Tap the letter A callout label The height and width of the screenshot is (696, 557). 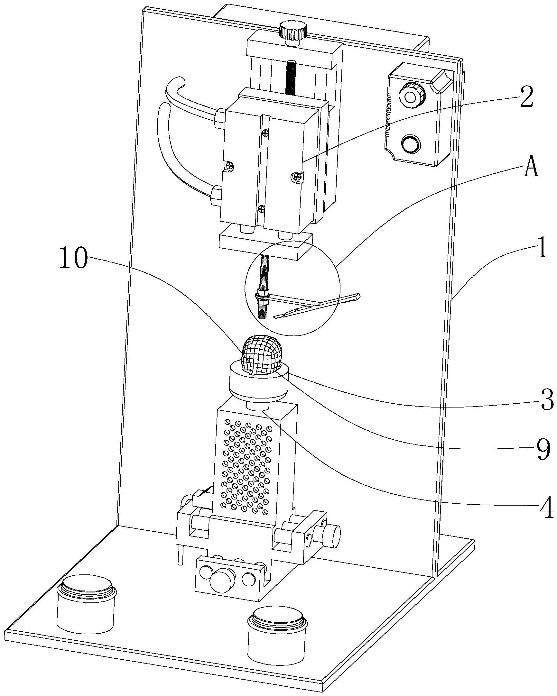pyautogui.click(x=531, y=168)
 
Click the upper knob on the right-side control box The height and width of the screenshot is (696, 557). pyautogui.click(x=412, y=96)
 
